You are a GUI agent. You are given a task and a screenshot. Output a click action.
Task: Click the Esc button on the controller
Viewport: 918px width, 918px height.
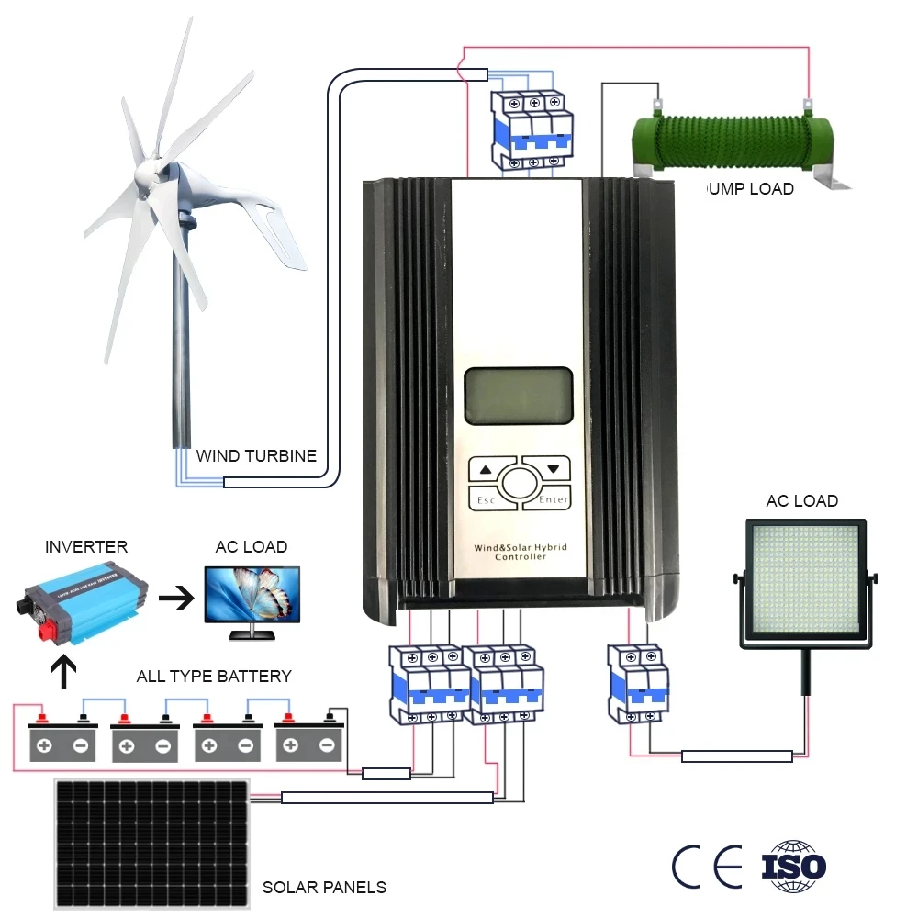coord(484,500)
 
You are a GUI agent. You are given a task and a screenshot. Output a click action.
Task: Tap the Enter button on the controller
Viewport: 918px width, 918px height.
coord(554,500)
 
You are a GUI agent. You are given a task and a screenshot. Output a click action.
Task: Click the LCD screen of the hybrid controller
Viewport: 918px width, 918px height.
coord(519,397)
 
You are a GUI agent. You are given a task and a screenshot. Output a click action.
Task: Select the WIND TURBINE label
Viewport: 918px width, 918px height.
coord(256,455)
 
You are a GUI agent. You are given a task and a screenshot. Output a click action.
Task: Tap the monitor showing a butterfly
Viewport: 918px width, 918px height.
coord(251,597)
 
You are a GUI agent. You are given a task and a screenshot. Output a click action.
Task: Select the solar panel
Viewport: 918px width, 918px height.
coord(151,842)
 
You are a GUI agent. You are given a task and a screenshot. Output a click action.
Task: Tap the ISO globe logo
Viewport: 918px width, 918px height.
coord(794,866)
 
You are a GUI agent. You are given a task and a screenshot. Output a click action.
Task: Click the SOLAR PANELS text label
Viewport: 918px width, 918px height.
coord(324,888)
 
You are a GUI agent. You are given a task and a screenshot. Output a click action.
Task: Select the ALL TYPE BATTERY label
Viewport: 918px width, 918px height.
coord(214,677)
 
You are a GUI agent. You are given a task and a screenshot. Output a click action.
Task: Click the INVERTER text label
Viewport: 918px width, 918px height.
coord(86,547)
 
